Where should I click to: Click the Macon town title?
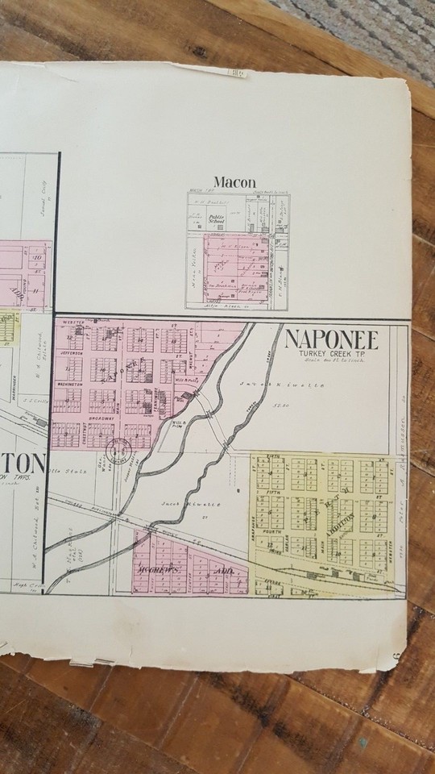234,182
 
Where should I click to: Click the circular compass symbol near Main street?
123,449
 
